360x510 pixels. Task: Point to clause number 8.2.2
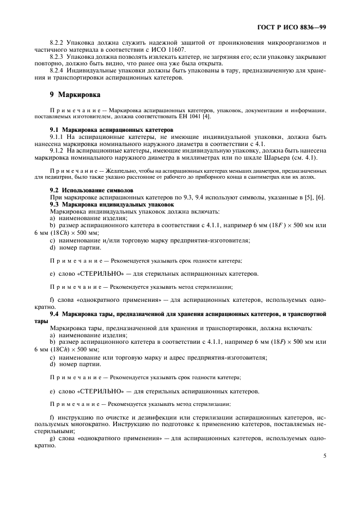tap(57, 42)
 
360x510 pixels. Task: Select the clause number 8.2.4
tap(57, 70)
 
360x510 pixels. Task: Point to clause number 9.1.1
tap(57, 137)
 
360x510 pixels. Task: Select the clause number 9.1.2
tap(57, 151)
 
